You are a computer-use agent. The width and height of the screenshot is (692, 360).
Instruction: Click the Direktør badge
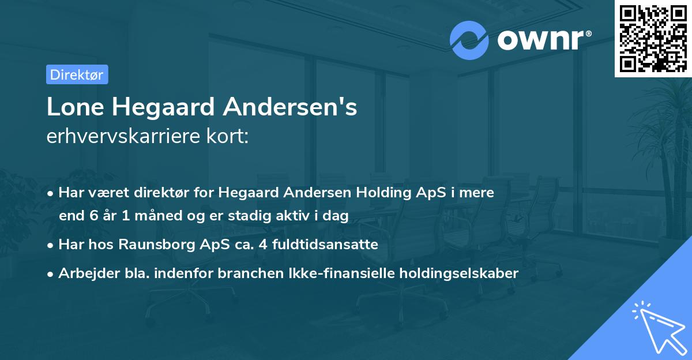[x=77, y=74]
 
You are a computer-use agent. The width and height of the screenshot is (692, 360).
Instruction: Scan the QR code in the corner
[x=653, y=38]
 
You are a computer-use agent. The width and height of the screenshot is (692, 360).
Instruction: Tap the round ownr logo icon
[x=469, y=40]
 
